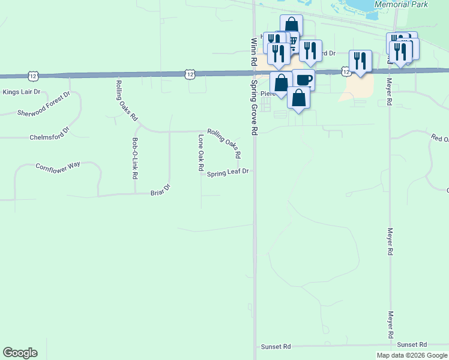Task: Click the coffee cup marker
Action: (304, 80)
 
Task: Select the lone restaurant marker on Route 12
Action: (360, 61)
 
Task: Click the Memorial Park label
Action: (401, 4)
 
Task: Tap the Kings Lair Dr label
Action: (21, 92)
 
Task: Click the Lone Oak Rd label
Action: (200, 153)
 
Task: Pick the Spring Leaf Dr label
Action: (228, 173)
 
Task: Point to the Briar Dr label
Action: (160, 191)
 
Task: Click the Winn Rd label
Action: (253, 50)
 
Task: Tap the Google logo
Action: (20, 353)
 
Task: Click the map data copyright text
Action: (411, 355)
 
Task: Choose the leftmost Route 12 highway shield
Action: (32, 76)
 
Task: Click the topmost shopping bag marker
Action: (291, 25)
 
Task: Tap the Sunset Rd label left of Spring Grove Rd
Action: (276, 347)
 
